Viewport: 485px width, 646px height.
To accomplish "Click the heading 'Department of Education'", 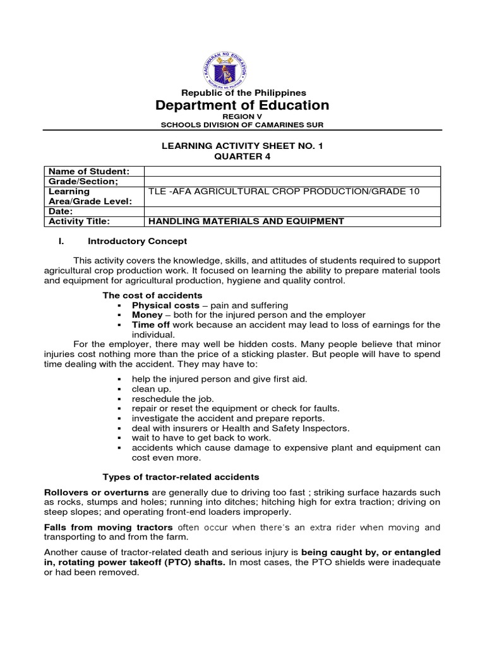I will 242,105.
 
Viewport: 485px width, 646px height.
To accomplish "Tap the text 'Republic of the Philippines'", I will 242,93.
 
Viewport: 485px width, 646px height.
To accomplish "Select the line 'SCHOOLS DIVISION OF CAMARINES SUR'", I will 242,125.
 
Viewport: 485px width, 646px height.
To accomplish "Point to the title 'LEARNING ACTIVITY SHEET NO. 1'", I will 242,146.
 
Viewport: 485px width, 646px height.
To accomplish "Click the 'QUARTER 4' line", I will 242,156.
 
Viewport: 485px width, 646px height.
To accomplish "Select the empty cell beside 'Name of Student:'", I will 292,172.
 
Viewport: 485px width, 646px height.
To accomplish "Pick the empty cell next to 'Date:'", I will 292,211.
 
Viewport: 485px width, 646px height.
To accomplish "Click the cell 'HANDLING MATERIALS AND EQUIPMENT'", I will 246,221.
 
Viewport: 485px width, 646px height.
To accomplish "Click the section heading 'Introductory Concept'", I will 137,241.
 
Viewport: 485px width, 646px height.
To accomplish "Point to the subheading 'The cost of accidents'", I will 152,295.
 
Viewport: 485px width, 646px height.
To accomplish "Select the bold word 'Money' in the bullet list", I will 147,315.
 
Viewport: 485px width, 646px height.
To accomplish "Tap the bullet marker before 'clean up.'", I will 119,389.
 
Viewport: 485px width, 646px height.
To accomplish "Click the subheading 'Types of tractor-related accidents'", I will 181,476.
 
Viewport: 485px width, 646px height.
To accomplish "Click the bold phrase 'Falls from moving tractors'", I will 108,527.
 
